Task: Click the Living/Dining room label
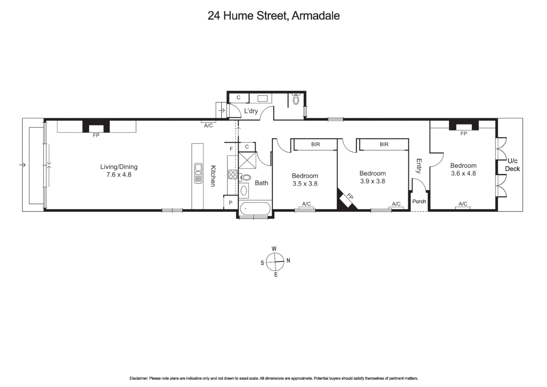point(118,167)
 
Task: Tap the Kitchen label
point(213,176)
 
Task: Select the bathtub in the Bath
point(255,209)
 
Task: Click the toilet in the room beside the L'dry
point(296,99)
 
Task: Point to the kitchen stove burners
point(233,175)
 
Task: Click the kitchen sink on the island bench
point(198,173)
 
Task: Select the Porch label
point(419,201)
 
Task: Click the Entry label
point(419,166)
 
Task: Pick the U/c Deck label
point(512,165)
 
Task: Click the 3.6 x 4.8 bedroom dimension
point(463,173)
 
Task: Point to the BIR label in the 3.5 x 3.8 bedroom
point(315,144)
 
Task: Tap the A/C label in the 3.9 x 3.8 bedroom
point(396,204)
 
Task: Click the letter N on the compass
point(288,261)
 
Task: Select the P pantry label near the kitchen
point(231,202)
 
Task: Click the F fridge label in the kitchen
point(231,149)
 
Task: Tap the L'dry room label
point(251,111)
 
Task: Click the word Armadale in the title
point(316,16)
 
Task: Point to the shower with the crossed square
point(247,160)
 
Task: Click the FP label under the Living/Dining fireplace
point(96,135)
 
